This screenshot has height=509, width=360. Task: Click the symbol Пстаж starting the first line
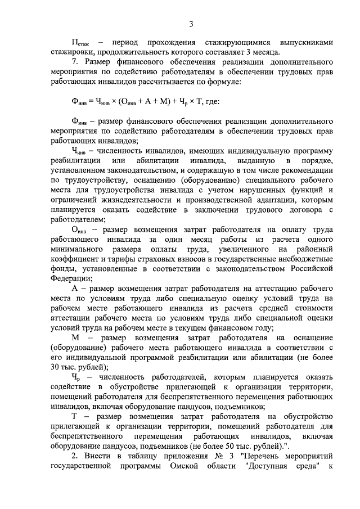80,43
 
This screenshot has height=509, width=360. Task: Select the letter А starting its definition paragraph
75,288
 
